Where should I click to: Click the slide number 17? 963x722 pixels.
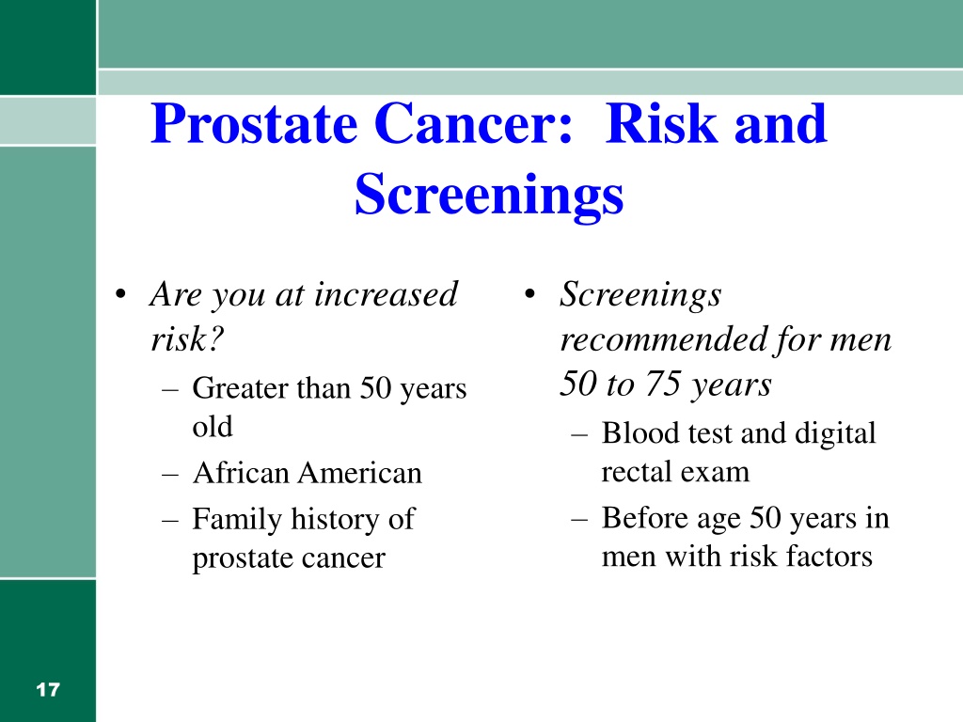[48, 689]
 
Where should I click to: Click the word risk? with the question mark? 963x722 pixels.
[187, 338]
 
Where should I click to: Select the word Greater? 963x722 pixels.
[240, 388]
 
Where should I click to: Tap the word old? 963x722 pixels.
[213, 426]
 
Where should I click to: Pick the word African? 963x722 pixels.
[241, 473]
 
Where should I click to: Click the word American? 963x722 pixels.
[360, 473]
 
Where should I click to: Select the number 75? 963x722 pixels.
[663, 384]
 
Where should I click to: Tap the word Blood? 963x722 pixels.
[641, 432]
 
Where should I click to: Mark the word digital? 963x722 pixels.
[835, 434]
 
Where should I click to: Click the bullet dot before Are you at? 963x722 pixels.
[120, 294]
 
